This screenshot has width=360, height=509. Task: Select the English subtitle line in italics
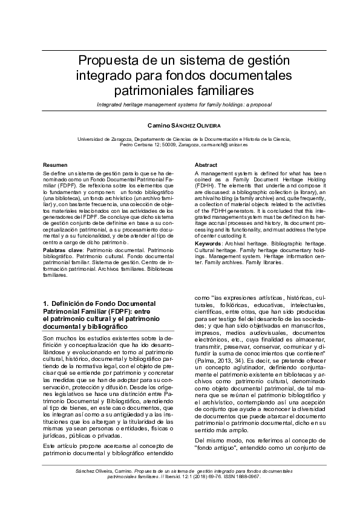pyautogui.click(x=180, y=105)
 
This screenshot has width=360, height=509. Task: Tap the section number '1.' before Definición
pyautogui.click(x=47, y=302)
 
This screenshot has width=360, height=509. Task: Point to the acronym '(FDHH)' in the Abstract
pyautogui.click(x=206, y=185)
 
